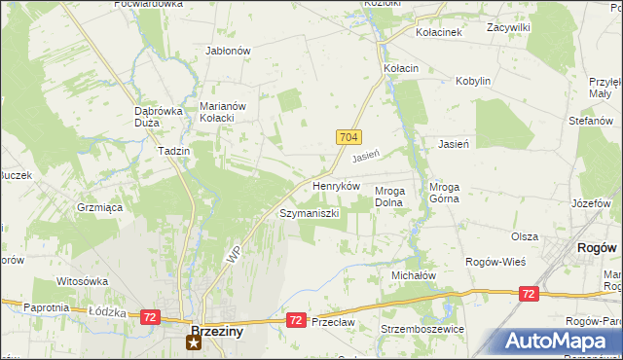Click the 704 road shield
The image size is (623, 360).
pos(351,138)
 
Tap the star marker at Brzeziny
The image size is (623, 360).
pos(193,342)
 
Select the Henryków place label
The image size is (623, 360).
pos(336,185)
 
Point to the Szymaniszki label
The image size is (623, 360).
pos(309,212)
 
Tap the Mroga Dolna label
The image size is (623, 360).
pos(395,198)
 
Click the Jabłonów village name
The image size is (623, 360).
pos(229,51)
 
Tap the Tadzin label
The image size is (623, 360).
pos(173,152)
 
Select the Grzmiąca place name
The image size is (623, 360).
pos(98,207)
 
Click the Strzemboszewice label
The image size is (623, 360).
pos(423,329)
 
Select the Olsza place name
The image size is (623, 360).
pos(525,236)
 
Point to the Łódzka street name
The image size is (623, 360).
pos(102,311)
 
